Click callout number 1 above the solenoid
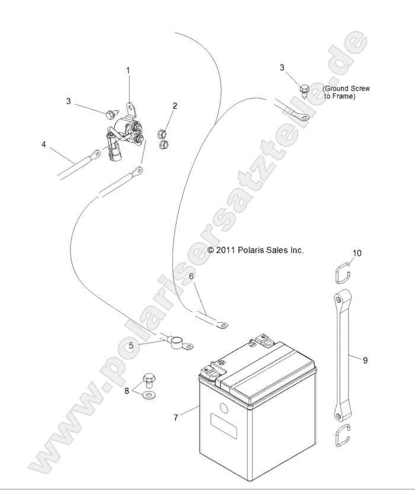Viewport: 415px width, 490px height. coord(128,70)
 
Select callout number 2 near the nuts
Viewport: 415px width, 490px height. coord(175,106)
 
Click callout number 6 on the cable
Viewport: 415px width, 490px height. coord(190,276)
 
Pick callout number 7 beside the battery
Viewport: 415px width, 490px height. coord(175,418)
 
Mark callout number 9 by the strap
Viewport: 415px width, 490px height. coord(365,360)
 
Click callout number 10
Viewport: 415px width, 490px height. coord(357,253)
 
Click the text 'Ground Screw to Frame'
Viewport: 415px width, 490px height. coord(346,92)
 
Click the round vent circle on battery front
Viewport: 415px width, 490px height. coord(223,408)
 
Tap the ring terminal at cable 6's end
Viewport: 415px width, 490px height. coord(222,324)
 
